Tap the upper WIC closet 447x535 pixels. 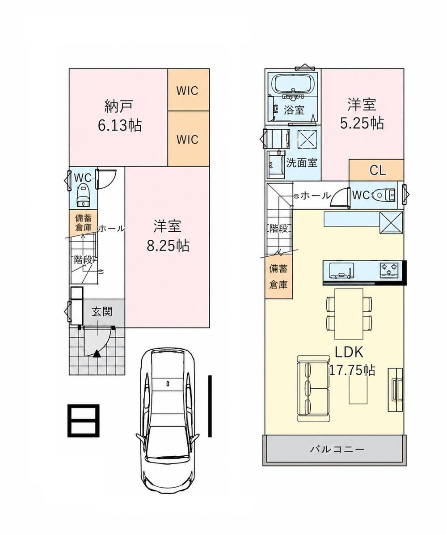(188, 90)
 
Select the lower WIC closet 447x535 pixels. (188, 139)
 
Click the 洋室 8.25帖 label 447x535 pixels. (168, 235)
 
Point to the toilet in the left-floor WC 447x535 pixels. (83, 195)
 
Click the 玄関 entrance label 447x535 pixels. (102, 311)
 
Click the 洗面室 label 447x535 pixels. (302, 162)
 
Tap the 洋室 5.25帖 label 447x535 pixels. (362, 114)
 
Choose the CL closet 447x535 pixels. (376, 170)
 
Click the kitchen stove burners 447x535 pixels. (389, 269)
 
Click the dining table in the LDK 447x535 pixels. (349, 314)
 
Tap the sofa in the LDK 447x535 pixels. (313, 389)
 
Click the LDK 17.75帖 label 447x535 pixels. (352, 361)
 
